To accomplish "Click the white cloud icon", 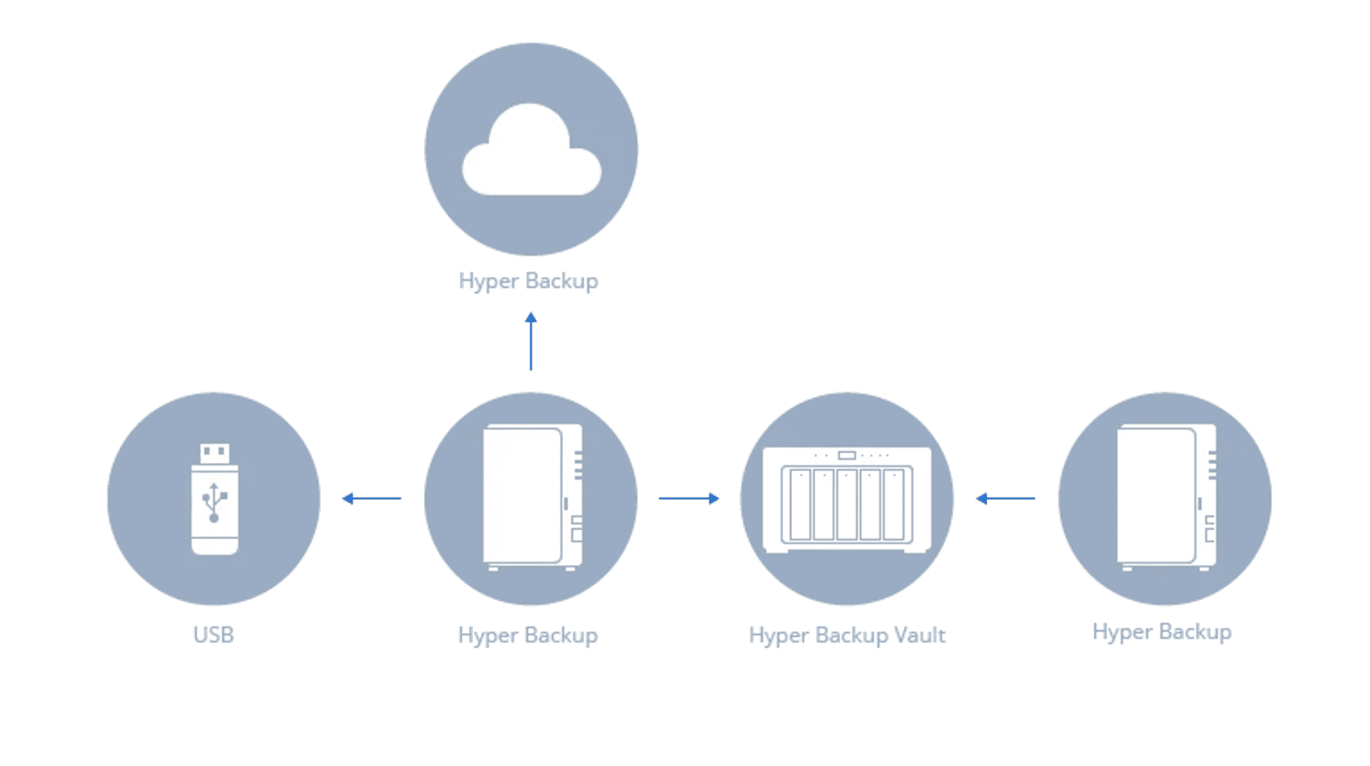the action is [x=532, y=151].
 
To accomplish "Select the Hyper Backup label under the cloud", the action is [x=528, y=281].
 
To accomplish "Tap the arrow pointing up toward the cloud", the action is [x=531, y=341].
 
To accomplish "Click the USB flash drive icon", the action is [x=214, y=499].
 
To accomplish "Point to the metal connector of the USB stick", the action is [x=215, y=454].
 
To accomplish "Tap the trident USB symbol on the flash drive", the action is [x=214, y=502].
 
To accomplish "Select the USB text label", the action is [x=213, y=635].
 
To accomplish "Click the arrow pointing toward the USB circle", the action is [x=372, y=499].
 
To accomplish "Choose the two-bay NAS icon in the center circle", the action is [x=532, y=498].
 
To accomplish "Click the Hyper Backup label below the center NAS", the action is [x=528, y=635].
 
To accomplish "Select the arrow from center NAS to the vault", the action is [x=689, y=499].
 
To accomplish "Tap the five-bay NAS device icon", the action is [x=847, y=499].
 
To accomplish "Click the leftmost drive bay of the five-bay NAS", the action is [x=801, y=504].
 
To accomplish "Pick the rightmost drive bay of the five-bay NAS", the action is [x=893, y=504].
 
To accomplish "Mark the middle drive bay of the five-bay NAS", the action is [x=847, y=504].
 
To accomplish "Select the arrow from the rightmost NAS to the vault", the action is [x=1005, y=499].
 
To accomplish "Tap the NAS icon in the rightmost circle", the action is [x=1167, y=498].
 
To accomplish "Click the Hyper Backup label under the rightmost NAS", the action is [x=1162, y=632].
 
